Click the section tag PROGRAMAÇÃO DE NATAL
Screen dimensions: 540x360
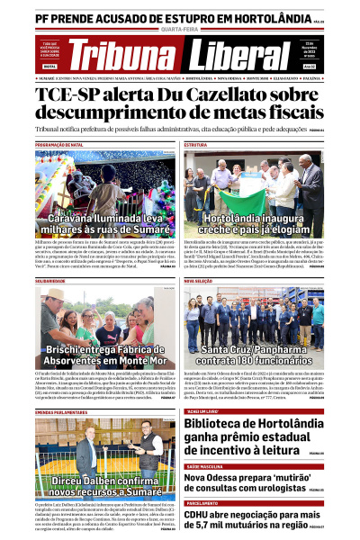59,144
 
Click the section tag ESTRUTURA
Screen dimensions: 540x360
195,144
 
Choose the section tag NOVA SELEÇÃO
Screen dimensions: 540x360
198,281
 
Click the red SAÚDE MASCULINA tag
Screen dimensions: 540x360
206,466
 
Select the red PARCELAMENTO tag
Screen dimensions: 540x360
203,502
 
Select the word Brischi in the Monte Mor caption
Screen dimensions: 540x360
67,348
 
